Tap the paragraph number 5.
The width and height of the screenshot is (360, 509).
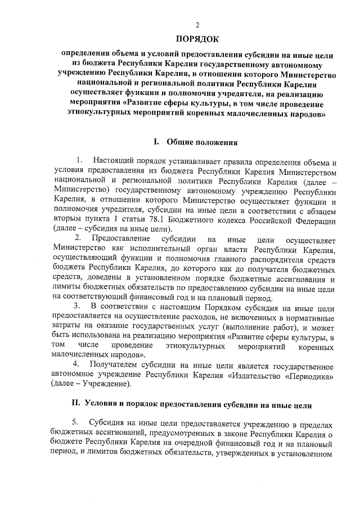tap(76, 423)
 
